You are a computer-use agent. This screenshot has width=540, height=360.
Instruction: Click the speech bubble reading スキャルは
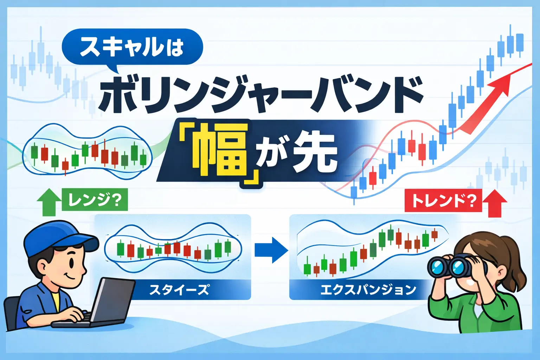[x=132, y=47]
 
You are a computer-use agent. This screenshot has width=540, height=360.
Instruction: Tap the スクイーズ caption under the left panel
[x=179, y=290]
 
